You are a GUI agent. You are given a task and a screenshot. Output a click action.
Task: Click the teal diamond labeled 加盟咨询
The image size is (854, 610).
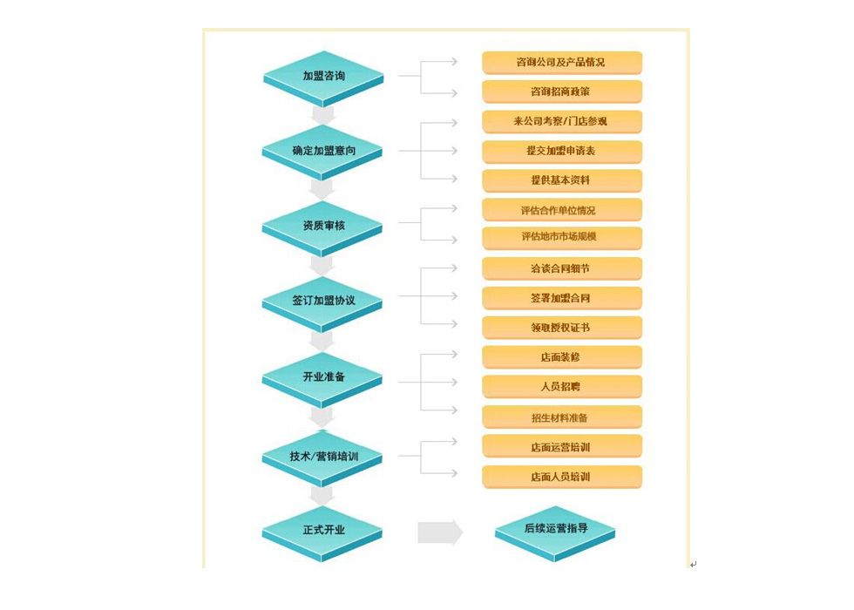point(323,78)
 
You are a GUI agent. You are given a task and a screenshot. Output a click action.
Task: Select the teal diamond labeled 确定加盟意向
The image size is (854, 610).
point(322,152)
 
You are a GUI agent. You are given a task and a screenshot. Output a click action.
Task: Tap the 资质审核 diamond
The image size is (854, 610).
point(322,227)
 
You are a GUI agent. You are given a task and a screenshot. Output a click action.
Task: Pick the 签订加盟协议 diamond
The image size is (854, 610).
point(322,303)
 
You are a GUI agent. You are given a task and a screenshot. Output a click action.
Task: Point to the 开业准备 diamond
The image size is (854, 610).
point(322,380)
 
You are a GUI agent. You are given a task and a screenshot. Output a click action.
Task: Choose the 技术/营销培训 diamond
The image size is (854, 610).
point(322,458)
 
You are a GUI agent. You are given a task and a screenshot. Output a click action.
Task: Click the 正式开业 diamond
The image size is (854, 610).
point(322,533)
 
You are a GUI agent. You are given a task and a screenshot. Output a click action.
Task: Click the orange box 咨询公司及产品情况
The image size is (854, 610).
point(562,63)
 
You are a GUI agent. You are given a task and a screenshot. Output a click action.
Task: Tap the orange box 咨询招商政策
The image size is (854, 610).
point(562,92)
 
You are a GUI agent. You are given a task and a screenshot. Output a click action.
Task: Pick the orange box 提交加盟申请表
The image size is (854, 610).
point(562,152)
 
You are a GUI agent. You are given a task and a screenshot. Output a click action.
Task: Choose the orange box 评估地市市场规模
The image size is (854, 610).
point(562,238)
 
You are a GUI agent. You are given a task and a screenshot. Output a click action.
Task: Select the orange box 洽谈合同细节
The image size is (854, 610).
point(562,269)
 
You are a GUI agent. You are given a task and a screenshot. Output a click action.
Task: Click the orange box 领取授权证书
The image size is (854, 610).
point(562,328)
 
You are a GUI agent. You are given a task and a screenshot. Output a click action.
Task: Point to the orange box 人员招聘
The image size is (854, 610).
point(562,387)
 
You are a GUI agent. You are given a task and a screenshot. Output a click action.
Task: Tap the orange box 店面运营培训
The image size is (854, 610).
point(562,447)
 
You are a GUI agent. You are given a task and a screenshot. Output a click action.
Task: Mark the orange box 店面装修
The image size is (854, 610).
point(562,358)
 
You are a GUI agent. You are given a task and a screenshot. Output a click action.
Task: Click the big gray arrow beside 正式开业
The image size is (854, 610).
point(440,532)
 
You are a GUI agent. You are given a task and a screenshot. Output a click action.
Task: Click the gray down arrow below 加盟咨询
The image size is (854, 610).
point(323,115)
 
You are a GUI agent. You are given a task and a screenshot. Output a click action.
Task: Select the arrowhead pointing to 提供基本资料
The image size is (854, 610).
point(454,179)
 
